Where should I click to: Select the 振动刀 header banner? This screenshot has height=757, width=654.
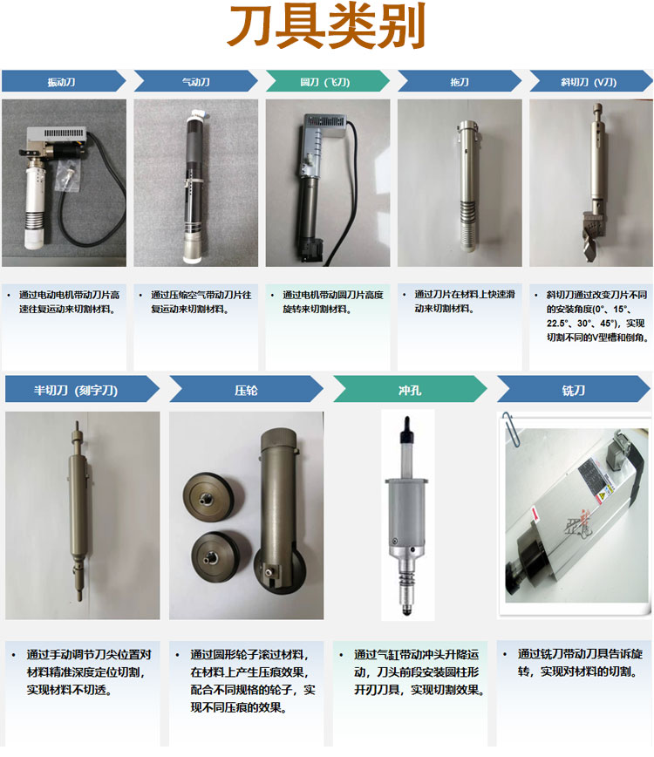pyautogui.click(x=64, y=81)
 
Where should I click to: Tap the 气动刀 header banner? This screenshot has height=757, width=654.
pyautogui.click(x=195, y=81)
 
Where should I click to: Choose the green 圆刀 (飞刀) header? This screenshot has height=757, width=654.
pyautogui.click(x=327, y=81)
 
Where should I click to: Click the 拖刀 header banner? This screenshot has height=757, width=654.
pyautogui.click(x=460, y=81)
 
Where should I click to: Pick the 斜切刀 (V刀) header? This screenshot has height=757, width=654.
pyautogui.click(x=590, y=81)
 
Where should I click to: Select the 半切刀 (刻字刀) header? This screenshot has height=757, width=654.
pyautogui.click(x=82, y=389)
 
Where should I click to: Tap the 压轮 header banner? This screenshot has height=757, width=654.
pyautogui.click(x=246, y=389)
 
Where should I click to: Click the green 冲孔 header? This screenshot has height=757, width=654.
pyautogui.click(x=410, y=389)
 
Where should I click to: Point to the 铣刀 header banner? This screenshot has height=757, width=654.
pyautogui.click(x=574, y=389)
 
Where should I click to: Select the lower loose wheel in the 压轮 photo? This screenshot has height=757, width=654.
pyautogui.click(x=220, y=556)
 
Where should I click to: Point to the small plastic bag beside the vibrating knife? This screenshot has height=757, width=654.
pyautogui.click(x=68, y=176)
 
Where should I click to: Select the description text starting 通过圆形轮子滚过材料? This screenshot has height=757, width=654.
pyautogui.click(x=253, y=681)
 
